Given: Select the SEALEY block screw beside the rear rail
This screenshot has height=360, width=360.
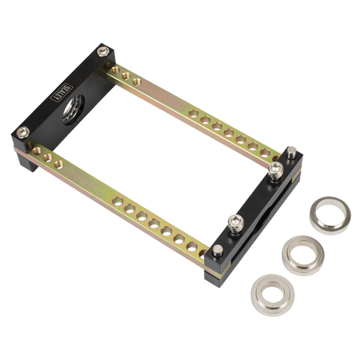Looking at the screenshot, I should point(103,51).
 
